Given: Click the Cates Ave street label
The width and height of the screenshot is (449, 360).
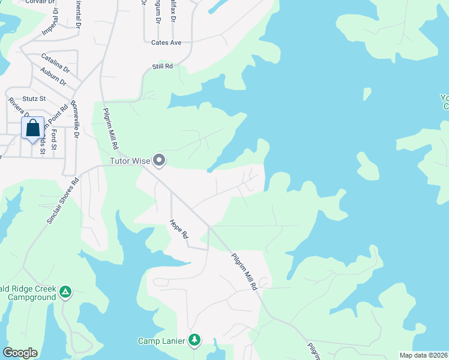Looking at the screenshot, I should [x=166, y=43].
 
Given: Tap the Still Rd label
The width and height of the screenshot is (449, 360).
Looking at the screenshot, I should [x=162, y=66].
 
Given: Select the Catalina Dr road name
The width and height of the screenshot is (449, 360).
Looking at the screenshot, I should [x=55, y=64].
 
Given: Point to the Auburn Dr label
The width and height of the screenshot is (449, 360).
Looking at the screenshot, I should [x=54, y=78].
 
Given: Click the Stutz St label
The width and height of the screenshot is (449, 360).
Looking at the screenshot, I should [x=35, y=98].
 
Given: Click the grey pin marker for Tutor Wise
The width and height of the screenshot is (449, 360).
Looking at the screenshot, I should [x=159, y=160].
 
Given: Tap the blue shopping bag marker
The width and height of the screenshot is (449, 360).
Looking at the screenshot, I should [x=32, y=128].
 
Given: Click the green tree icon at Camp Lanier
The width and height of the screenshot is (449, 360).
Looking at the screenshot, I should [x=194, y=340].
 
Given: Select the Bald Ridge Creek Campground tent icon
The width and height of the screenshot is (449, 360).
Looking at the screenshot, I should [x=65, y=293].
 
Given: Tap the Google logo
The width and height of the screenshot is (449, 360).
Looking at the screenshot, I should [x=20, y=353].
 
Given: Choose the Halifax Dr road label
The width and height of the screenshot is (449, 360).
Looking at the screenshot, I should [x=172, y=11].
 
